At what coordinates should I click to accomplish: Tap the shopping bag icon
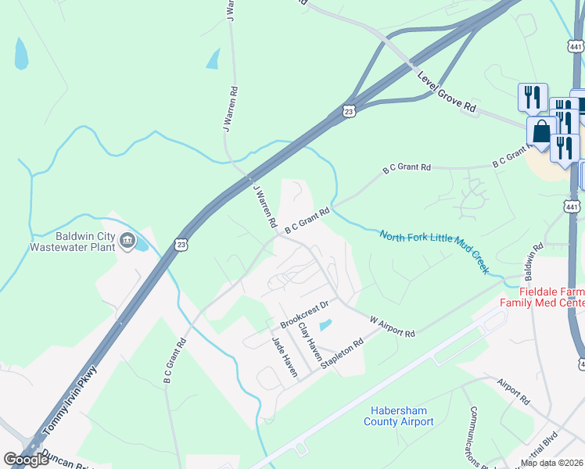click(x=541, y=133)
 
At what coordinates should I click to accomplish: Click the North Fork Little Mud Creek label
click(x=434, y=250)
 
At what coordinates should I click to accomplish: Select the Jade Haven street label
click(x=284, y=357)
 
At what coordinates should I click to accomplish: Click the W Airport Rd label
click(x=392, y=327)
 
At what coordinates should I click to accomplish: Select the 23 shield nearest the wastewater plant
click(x=181, y=245)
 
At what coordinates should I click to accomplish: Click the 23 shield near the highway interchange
click(x=349, y=113)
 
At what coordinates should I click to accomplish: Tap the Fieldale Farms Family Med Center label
click(x=542, y=295)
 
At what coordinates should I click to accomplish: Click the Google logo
click(x=26, y=459)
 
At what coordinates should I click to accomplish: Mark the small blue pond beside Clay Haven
click(x=325, y=324)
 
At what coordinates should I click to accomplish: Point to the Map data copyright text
click(x=552, y=463)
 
